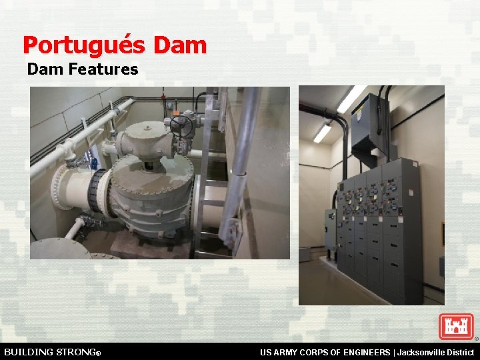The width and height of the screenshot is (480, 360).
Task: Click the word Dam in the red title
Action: pyautogui.click(x=180, y=45)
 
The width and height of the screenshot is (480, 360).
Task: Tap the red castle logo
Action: pyautogui.click(x=456, y=327)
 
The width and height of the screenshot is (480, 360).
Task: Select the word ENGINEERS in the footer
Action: pyautogui.click(x=363, y=352)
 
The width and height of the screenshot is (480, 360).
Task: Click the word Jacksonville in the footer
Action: pyautogui.click(x=423, y=352)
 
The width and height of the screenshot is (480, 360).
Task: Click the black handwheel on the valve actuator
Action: pyautogui.click(x=181, y=125)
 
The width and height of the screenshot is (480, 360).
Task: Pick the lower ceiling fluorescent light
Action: pyautogui.click(x=323, y=133)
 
